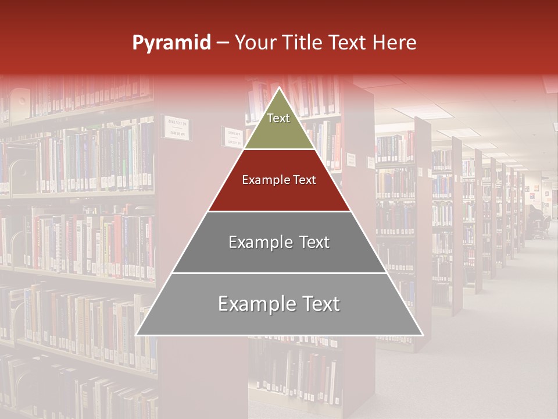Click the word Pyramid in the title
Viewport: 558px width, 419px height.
[x=171, y=43]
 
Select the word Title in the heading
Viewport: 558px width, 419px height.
[x=305, y=42]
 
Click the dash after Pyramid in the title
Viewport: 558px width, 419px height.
[x=223, y=44]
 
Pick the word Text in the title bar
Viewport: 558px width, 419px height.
[x=348, y=42]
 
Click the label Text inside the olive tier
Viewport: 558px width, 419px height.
[x=278, y=118]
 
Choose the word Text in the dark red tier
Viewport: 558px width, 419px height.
[x=305, y=180]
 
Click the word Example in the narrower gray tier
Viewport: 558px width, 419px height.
[x=260, y=242]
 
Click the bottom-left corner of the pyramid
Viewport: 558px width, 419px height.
[x=137, y=335]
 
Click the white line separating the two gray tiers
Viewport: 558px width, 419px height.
[x=279, y=273]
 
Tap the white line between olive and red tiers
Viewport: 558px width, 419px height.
[x=279, y=150]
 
